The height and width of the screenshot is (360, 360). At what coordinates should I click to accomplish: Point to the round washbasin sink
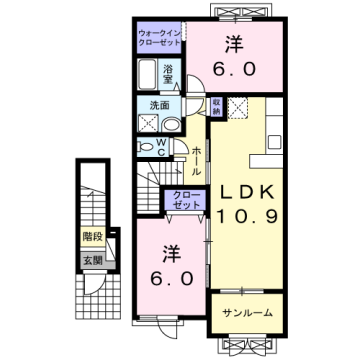[x=171, y=124]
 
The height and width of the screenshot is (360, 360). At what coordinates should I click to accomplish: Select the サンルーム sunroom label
[x=246, y=312]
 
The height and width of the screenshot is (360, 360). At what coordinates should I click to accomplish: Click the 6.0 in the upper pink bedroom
[x=233, y=69]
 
